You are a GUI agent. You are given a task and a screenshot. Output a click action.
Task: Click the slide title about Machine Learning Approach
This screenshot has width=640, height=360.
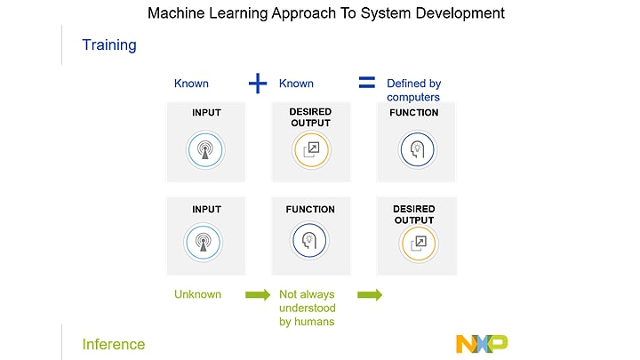tap(325, 13)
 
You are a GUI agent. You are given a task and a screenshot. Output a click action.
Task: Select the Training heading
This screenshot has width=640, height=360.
tap(109, 44)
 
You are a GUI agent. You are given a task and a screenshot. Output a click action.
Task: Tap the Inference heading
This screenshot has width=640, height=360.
tap(113, 344)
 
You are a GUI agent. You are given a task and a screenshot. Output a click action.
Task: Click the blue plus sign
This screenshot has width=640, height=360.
tap(257, 84)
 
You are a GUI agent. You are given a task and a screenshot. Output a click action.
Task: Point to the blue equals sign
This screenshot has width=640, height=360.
tap(366, 83)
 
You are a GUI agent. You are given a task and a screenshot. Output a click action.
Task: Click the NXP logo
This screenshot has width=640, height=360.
tap(481, 343)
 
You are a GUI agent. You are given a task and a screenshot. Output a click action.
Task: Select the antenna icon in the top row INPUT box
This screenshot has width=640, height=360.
tap(206, 148)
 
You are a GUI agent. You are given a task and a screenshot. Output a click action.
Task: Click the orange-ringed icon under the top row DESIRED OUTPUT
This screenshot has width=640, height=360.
tap(311, 149)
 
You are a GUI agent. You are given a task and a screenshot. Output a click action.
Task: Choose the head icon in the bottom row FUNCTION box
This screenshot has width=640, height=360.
tap(308, 240)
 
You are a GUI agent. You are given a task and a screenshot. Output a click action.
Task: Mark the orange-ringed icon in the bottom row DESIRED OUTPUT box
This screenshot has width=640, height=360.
tap(418, 242)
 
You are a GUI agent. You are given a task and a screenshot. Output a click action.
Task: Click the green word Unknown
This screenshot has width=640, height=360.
tap(196, 293)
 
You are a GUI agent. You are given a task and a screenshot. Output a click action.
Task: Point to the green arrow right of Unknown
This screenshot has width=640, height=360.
tap(258, 294)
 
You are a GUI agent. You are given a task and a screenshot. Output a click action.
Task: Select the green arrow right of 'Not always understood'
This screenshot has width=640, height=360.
tap(370, 294)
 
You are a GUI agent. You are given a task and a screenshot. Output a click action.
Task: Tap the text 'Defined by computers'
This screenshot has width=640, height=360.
tap(413, 90)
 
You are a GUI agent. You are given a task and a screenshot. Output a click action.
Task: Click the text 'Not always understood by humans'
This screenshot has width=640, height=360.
tap(307, 308)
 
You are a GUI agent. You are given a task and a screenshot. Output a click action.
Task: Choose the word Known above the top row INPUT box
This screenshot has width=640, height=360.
tap(191, 84)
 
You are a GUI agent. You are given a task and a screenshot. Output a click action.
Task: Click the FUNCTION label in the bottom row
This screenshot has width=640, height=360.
tap(310, 210)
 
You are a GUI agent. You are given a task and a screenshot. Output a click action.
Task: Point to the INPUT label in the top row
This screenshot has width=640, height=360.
tap(206, 113)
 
